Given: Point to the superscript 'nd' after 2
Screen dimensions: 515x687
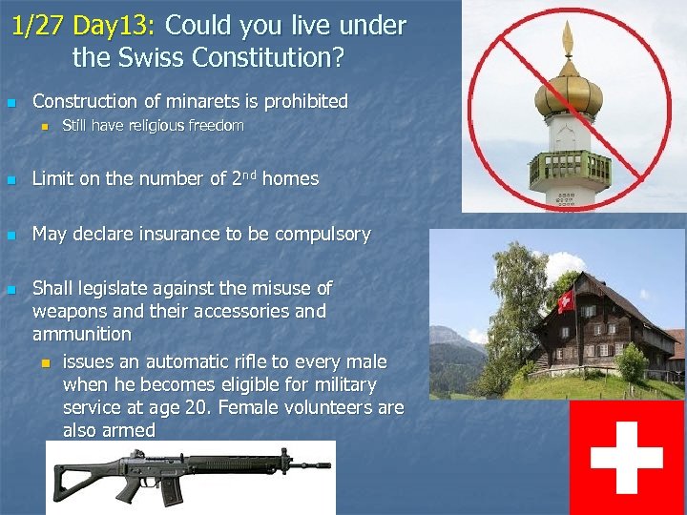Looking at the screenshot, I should coord(248,175).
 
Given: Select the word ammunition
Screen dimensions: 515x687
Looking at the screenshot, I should coord(82,334).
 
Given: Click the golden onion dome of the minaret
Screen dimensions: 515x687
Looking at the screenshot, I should coord(569,93).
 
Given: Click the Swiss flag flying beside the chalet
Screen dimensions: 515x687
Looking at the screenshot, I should coord(565,301).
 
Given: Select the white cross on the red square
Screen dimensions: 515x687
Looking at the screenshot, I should coord(627,457).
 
